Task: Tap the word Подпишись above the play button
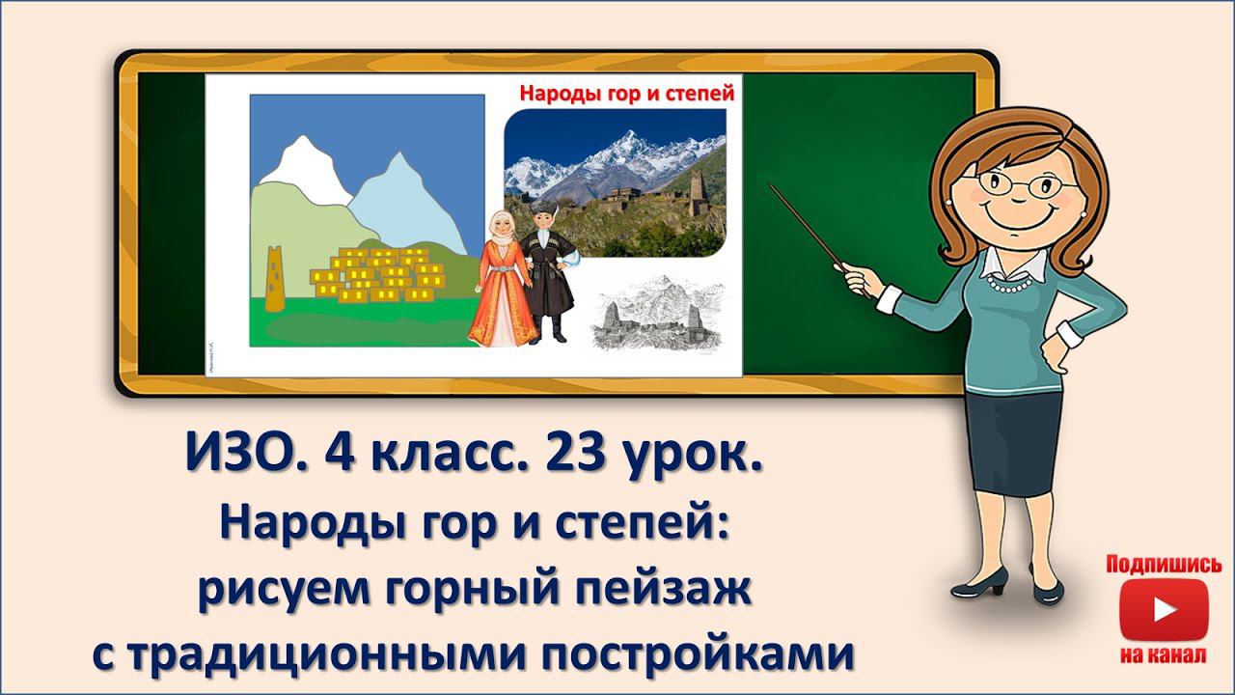(x=1164, y=564)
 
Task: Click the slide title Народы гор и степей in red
(x=627, y=94)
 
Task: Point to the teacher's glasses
(x=1015, y=183)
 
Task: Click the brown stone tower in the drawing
(x=275, y=279)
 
